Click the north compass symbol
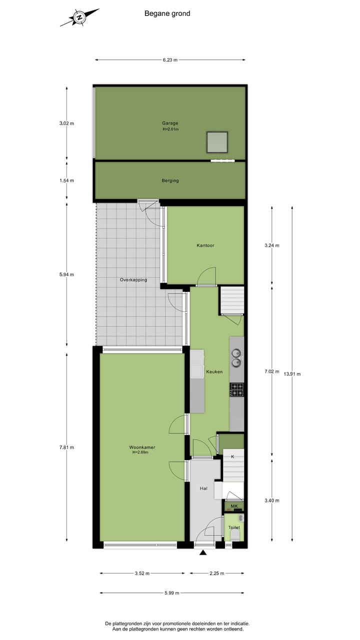pos(79,17)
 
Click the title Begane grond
pos(167,13)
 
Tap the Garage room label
pos(170,123)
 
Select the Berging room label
pos(170,180)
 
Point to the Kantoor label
pos(205,245)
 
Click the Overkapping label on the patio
pos(133,280)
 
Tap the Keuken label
pos(214,371)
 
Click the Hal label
pos(203,488)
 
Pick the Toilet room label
pos(234,527)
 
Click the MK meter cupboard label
pos(234,506)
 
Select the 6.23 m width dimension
pos(170,60)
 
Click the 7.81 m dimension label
pos(66,447)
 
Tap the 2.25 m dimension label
pos(216,573)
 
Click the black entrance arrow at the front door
pos(203,552)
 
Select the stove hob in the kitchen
pos(236,389)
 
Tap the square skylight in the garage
pos(217,142)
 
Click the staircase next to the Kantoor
pos(231,299)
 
